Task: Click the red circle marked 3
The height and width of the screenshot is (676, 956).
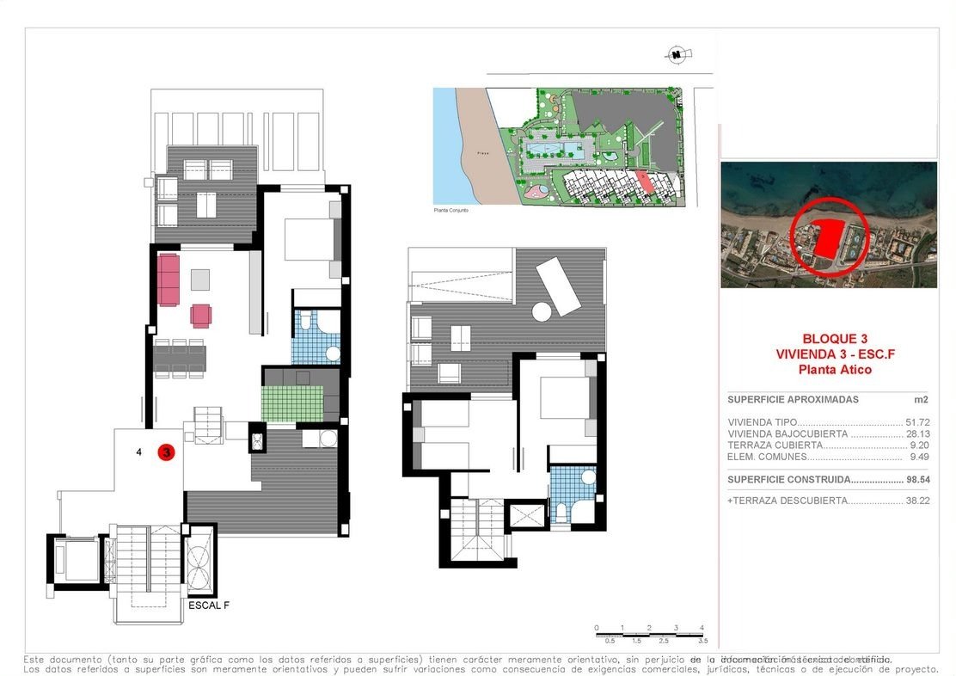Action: click(x=167, y=452)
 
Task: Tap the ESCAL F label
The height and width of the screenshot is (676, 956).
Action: click(x=208, y=605)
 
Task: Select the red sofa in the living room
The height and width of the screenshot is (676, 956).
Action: click(x=168, y=280)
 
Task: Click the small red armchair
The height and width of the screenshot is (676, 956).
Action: click(x=200, y=316)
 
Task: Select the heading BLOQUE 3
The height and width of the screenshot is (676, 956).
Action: click(x=835, y=339)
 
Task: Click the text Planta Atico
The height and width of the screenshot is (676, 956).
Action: click(x=835, y=370)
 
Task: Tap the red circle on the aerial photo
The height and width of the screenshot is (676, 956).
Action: click(x=828, y=235)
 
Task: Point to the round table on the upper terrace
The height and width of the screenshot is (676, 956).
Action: click(x=542, y=311)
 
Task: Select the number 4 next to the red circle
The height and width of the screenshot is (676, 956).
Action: click(x=138, y=452)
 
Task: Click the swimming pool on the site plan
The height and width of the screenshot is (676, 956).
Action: click(x=556, y=151)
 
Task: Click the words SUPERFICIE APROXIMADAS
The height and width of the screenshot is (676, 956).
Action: click(x=793, y=400)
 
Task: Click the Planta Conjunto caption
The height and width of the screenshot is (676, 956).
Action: click(x=451, y=210)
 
